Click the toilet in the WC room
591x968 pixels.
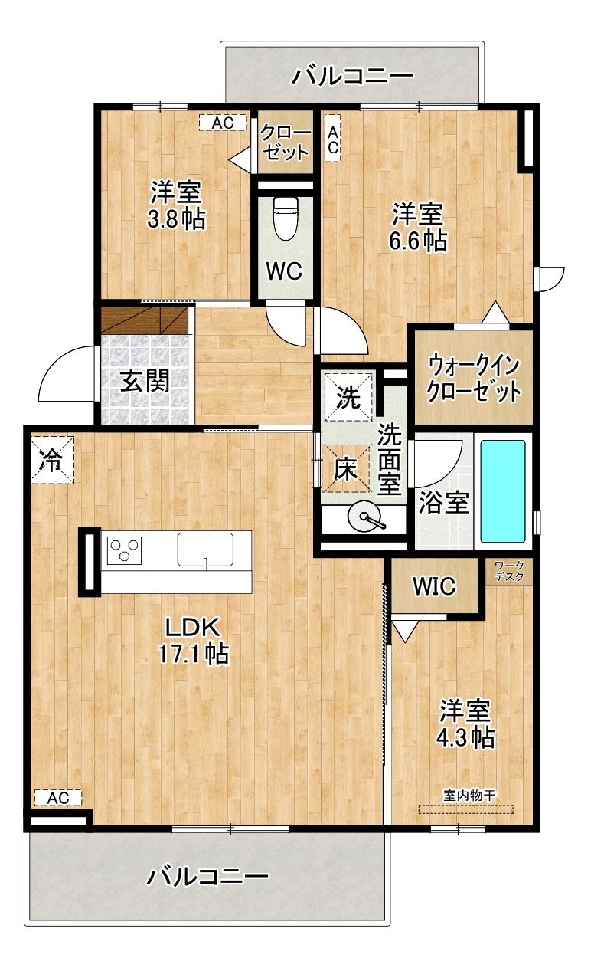point(286,218)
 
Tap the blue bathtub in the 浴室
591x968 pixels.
point(503,491)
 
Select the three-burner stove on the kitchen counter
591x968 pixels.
point(124,550)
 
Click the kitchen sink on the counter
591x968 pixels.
point(205,550)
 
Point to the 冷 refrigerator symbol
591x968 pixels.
point(52,460)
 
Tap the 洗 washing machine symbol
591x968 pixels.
point(348,397)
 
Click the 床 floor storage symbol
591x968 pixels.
point(345,468)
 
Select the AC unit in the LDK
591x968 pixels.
point(58,797)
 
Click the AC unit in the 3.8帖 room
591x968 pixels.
point(223,123)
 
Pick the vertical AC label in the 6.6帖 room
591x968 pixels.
point(332,138)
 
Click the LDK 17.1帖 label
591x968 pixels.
point(193,640)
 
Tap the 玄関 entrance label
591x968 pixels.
point(145,381)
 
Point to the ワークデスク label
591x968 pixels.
point(509,571)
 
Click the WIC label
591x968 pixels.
point(434,586)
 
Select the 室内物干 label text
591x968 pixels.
point(470,795)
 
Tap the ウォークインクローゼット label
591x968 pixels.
point(474,379)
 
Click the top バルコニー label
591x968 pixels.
point(353,76)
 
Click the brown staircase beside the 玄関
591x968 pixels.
point(145,320)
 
